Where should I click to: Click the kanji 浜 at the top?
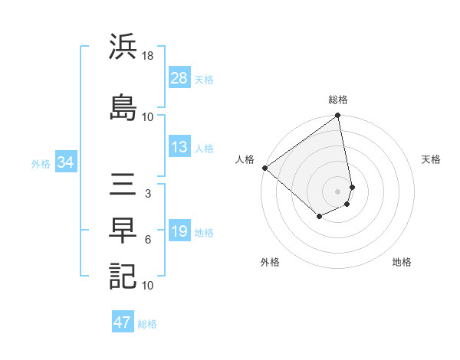[x=123, y=47]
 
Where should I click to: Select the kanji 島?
[x=123, y=107]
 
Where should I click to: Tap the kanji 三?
[x=123, y=185]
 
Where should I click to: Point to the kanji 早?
[x=123, y=231]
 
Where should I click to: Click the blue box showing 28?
[x=179, y=78]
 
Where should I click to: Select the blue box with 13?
[x=179, y=148]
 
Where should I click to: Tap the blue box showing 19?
[x=179, y=231]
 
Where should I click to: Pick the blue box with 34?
[x=65, y=162]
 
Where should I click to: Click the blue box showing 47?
[x=123, y=322]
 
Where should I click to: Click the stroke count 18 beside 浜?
[x=148, y=57]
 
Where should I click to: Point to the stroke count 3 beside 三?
[x=148, y=195]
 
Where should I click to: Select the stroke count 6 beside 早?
[x=148, y=240]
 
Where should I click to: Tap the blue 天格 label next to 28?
[x=204, y=79]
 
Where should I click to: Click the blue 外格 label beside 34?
[x=41, y=163]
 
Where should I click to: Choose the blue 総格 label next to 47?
[x=147, y=323]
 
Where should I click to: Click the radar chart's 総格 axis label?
[x=338, y=100]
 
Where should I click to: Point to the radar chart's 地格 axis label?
[x=402, y=263]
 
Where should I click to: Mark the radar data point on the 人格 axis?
[x=264, y=168]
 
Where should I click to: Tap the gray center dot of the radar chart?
[x=337, y=191]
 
